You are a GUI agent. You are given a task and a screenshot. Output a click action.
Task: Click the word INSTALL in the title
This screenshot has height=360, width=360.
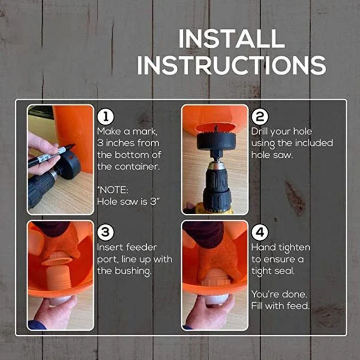pos(231,39)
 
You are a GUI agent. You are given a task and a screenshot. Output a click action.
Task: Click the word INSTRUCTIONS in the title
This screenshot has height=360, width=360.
pos(231,65)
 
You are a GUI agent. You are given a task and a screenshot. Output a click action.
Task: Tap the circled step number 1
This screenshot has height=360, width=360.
pos(105,117)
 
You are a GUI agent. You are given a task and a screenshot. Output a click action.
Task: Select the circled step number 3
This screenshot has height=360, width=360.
pos(105,233)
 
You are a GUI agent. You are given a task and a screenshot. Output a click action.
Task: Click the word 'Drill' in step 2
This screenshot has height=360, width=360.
pos(262,132)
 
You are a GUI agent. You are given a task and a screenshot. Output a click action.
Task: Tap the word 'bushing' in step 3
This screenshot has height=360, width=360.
pos(134,271)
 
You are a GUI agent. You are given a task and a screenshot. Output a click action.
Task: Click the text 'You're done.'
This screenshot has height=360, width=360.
pos(279,294)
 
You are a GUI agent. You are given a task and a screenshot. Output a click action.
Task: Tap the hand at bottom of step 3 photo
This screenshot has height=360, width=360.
pos(54,313)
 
